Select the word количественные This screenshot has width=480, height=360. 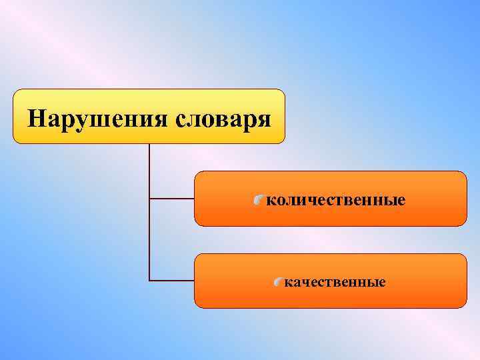336,199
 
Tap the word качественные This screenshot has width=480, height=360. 335,282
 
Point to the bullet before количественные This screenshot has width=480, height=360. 259,199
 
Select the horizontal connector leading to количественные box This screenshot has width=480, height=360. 171,198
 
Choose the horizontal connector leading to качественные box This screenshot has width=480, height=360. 171,279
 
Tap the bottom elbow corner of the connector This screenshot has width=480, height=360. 149,279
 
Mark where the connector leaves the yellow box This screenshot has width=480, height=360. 149,145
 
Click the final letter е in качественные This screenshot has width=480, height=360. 381,283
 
